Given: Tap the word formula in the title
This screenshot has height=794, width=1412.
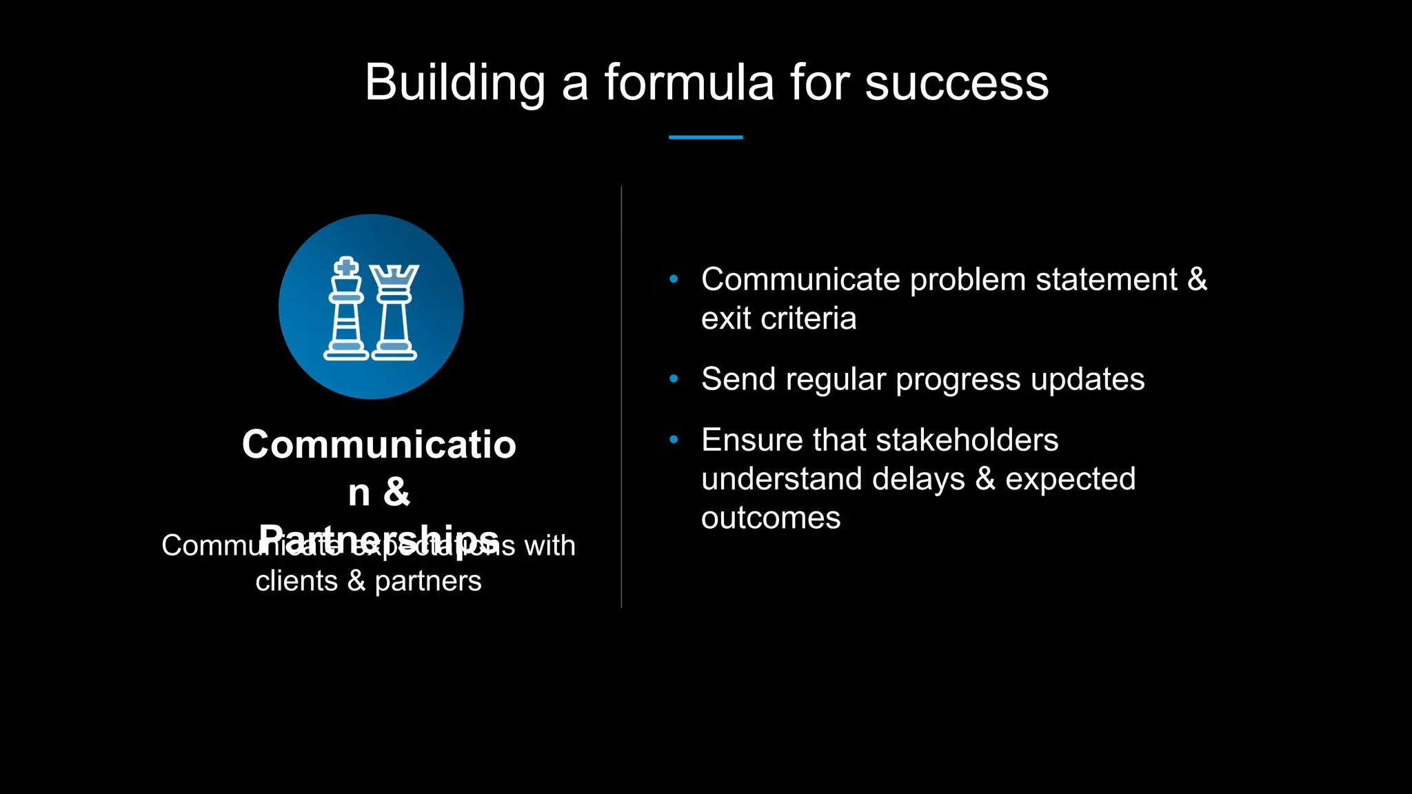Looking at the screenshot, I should pos(689,83).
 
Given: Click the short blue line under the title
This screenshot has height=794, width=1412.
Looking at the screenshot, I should pos(705,137).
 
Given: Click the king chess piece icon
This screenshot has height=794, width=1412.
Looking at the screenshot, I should pos(346,310).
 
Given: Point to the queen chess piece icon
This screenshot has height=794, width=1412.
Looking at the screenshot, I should pos(394,314).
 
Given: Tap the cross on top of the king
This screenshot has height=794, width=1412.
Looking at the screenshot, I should pos(346,267).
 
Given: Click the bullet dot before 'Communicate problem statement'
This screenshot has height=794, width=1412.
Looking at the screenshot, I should pos(674,279).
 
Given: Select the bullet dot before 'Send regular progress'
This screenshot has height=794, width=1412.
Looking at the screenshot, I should pos(674,378).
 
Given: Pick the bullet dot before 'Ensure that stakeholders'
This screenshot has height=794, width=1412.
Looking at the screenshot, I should pos(674,439).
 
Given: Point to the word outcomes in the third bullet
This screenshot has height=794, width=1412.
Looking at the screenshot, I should pos(771,518).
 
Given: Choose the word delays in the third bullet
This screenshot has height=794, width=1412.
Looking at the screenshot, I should pos(918,479).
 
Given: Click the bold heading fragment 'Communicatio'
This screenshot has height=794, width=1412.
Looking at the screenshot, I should pos(379,445).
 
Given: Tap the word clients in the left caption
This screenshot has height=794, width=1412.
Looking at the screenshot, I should pos(296,581).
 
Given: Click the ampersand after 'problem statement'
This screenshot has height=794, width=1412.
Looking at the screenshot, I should pos(1197,280).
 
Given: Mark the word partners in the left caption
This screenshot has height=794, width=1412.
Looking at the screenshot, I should pos(427,582).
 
